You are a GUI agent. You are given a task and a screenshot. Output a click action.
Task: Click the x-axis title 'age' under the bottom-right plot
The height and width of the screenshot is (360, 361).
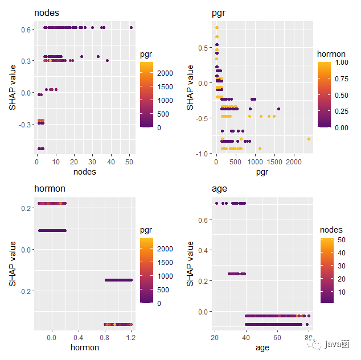[261, 347]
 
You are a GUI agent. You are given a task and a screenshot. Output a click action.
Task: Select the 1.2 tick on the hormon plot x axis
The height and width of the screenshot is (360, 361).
[131, 338]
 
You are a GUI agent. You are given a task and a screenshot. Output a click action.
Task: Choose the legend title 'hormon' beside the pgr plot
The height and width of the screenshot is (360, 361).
[331, 55]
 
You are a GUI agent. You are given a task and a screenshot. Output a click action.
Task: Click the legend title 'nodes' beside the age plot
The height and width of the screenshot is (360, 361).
[331, 230]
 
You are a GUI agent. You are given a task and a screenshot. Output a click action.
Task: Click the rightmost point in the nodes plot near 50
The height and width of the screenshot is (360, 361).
[131, 27]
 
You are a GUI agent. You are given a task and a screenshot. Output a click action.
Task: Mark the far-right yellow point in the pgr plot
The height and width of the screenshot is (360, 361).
[309, 139]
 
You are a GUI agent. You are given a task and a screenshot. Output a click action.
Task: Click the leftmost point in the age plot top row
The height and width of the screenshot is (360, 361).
[216, 203]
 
